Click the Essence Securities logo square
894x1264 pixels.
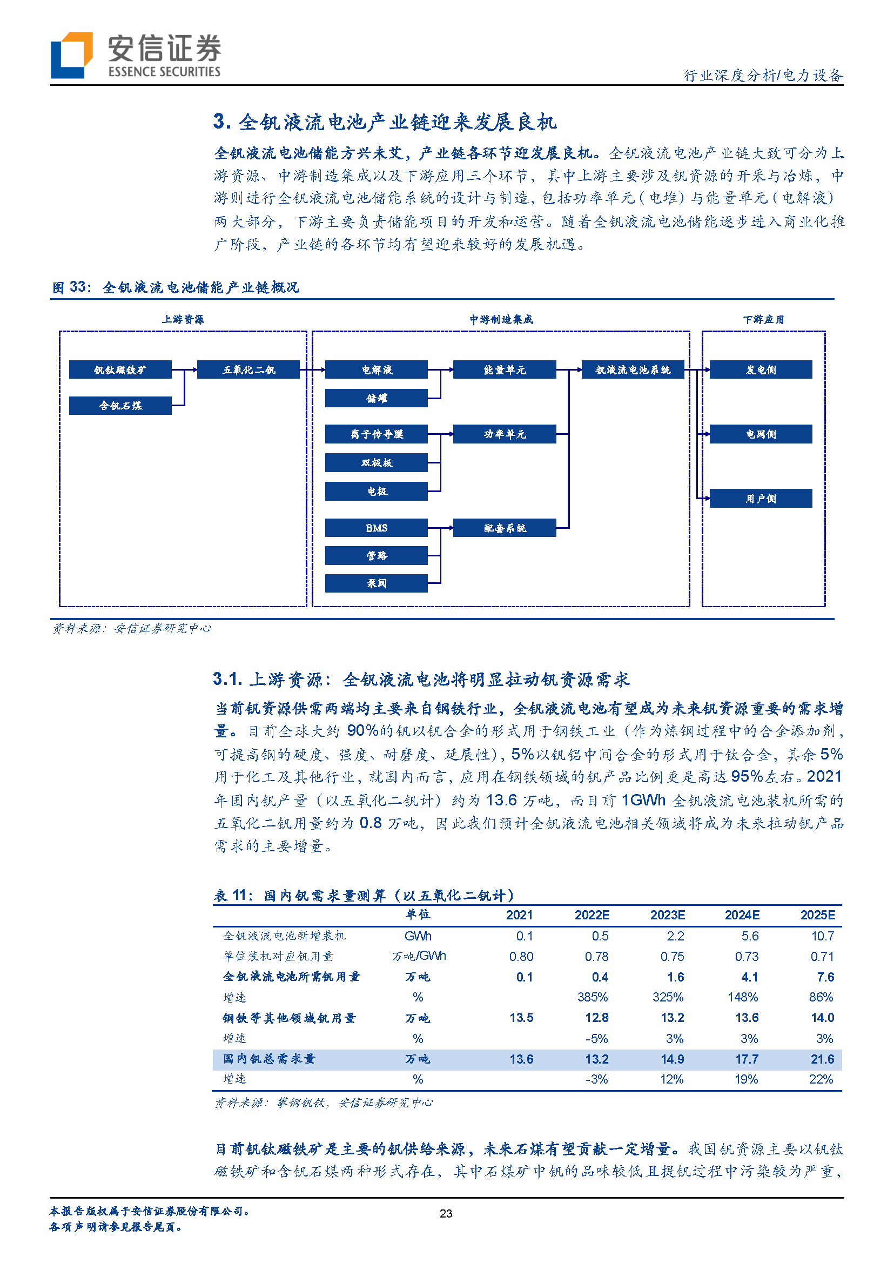(x=71, y=55)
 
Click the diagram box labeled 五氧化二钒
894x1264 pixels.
(x=248, y=370)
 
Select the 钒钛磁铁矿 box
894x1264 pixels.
(x=120, y=370)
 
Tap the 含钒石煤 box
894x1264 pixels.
(x=120, y=406)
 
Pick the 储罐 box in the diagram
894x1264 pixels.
(x=377, y=398)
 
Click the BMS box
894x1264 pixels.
(x=377, y=528)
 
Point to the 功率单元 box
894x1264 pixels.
(x=504, y=434)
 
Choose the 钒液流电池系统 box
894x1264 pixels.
(x=633, y=370)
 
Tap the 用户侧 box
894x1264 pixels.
(x=761, y=499)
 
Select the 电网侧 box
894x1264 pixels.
(x=761, y=434)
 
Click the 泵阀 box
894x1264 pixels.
(x=377, y=583)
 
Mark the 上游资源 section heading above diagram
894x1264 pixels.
(x=183, y=320)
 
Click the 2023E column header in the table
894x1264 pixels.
(x=667, y=915)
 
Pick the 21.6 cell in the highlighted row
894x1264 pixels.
(x=823, y=1059)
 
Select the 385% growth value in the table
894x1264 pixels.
(x=593, y=997)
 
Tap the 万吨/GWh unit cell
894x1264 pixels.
(x=419, y=956)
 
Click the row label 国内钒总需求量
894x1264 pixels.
(x=268, y=1059)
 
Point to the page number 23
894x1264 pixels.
(x=446, y=1213)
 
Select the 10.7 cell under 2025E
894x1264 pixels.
(x=823, y=936)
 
